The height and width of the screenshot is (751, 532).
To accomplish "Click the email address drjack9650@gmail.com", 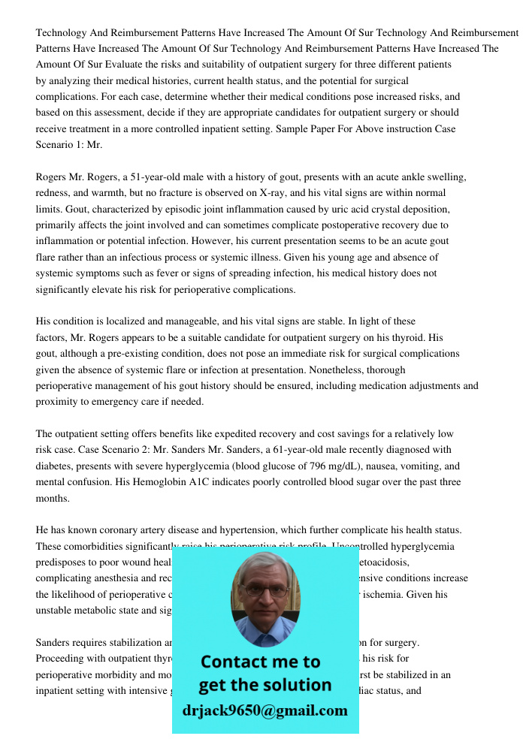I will click(x=264, y=710).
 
